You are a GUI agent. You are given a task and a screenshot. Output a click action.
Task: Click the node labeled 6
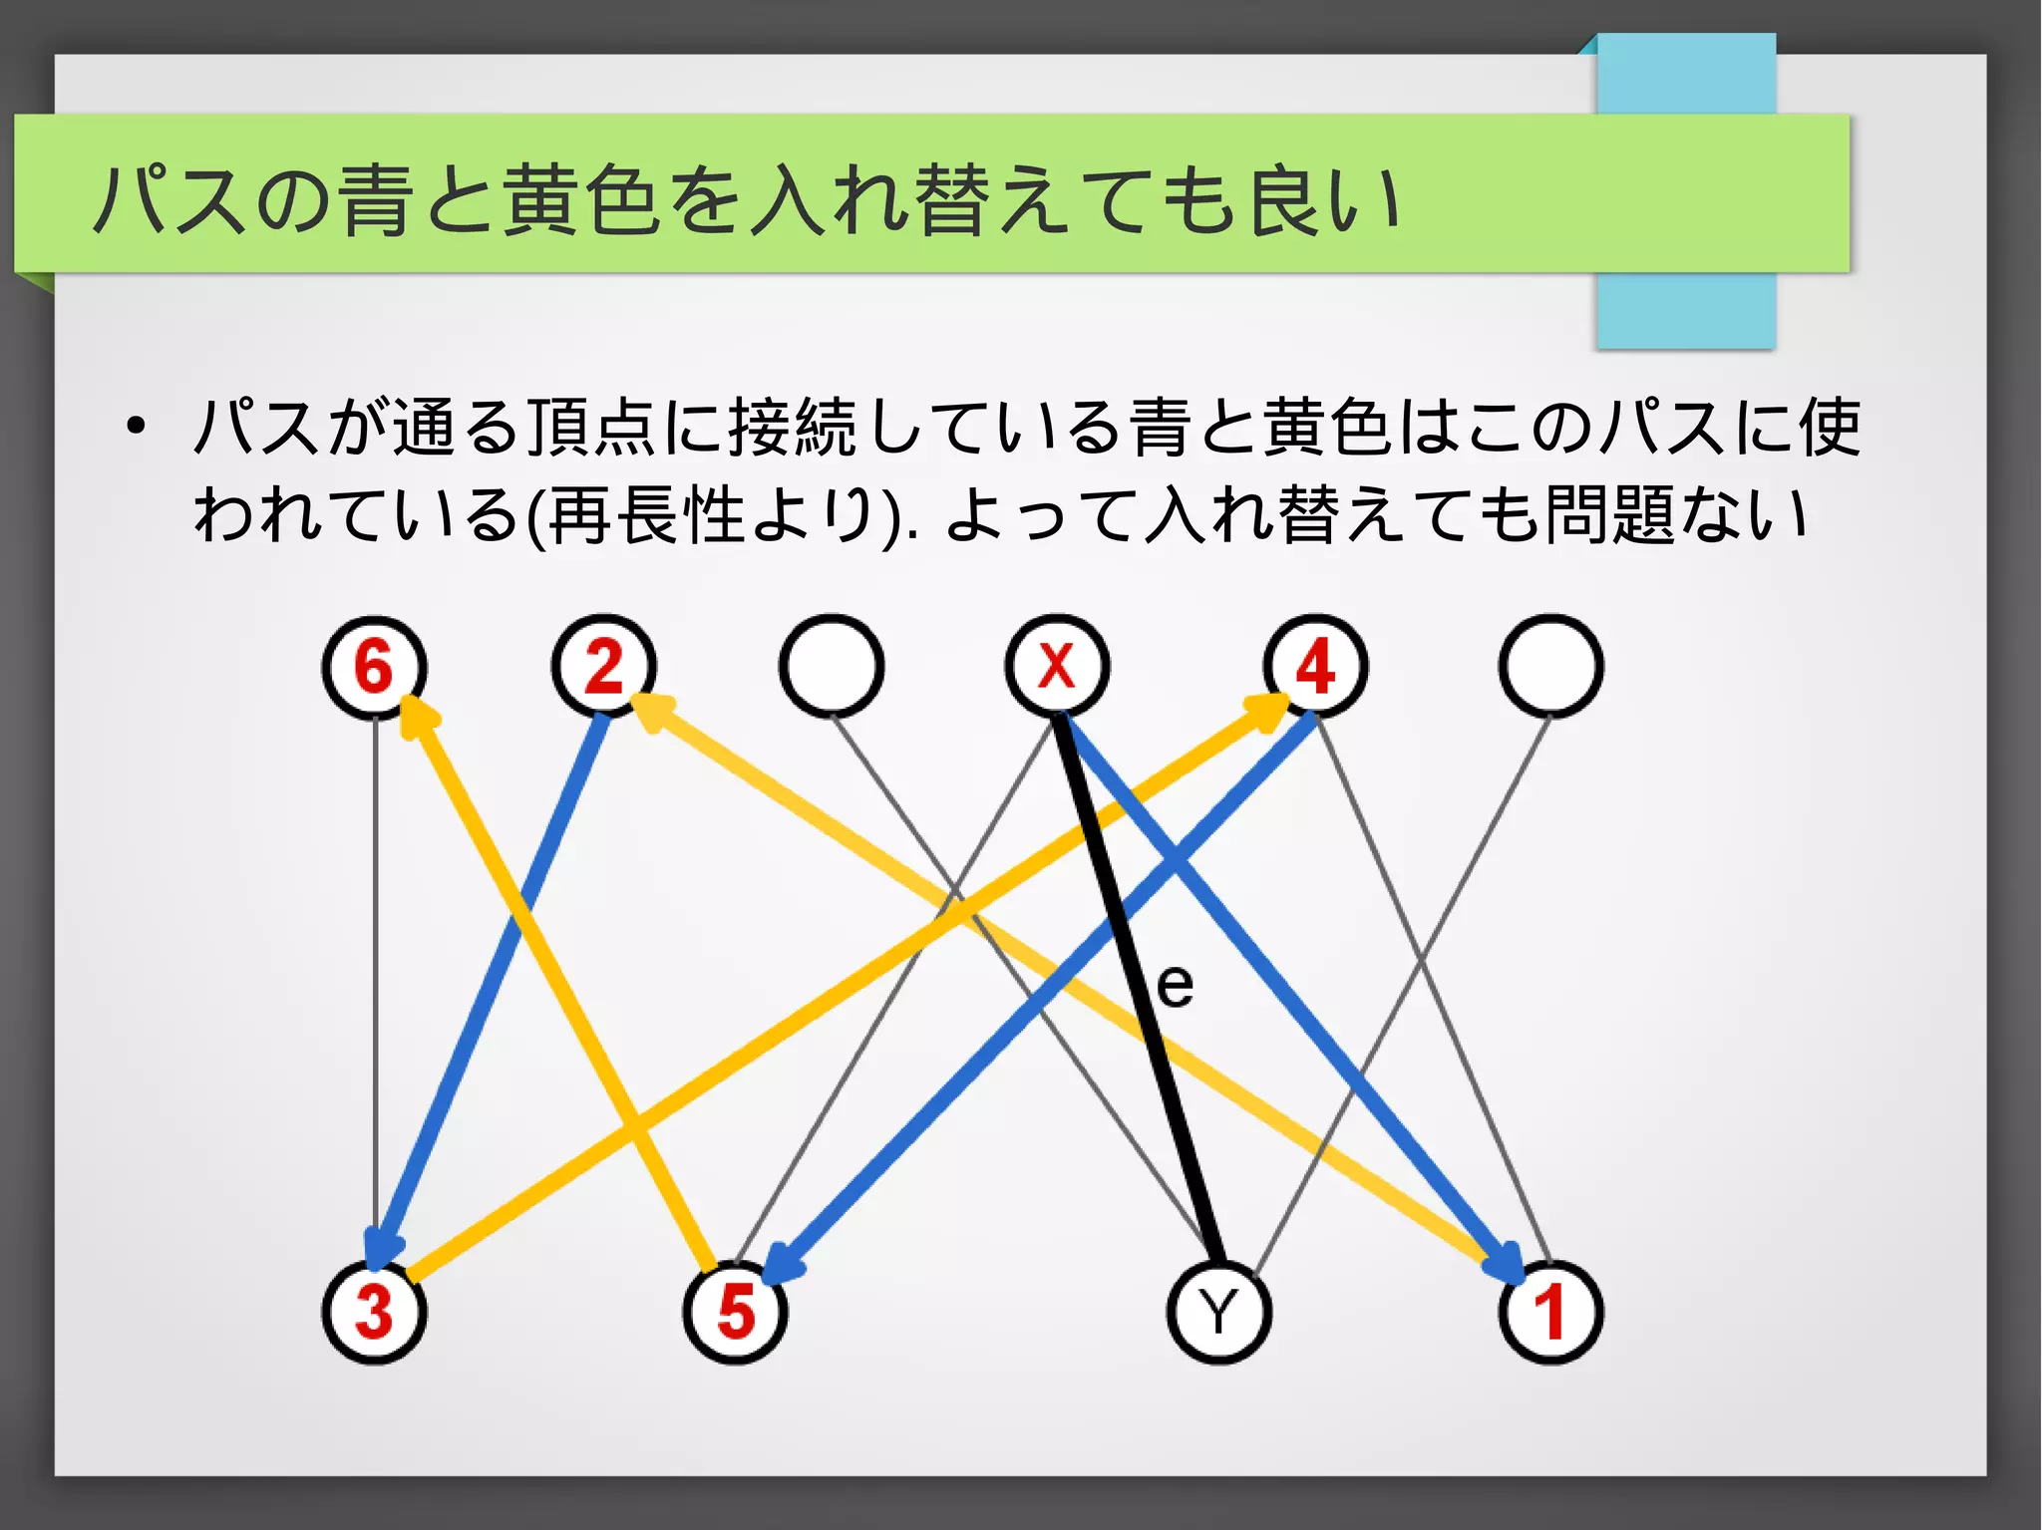point(374,666)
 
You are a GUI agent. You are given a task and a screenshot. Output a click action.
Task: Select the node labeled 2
point(604,666)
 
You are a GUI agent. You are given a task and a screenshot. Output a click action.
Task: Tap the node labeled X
point(1057,666)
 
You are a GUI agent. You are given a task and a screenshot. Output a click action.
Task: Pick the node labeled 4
point(1315,666)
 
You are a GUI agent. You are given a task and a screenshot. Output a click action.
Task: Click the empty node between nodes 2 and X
point(832,666)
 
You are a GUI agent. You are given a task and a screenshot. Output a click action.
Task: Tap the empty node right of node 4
point(1550,666)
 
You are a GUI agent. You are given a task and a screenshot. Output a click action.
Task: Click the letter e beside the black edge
point(1176,987)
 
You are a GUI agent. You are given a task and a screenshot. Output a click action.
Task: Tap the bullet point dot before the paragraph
point(136,429)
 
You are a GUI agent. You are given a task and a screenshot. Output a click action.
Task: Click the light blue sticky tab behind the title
point(1685,309)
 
